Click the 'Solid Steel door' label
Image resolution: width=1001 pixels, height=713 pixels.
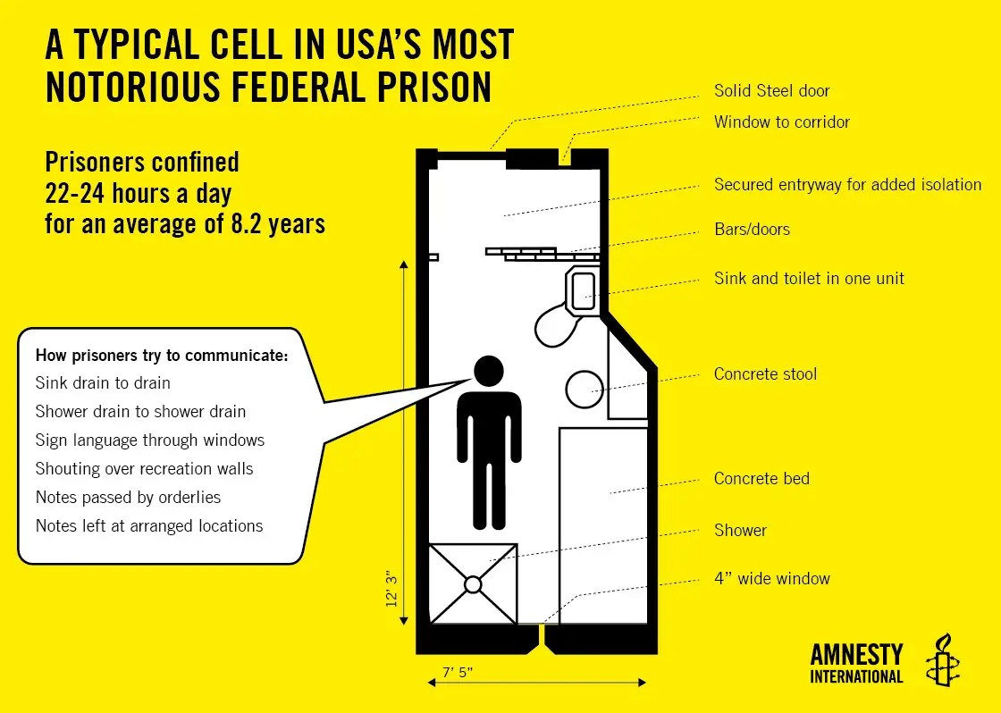[x=771, y=91]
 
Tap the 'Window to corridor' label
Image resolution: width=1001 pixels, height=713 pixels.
[x=781, y=122]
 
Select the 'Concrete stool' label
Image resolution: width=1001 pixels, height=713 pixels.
[x=765, y=374]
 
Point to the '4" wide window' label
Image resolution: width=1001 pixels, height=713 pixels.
[x=771, y=579]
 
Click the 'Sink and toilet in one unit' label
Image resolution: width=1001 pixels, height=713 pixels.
[x=809, y=279]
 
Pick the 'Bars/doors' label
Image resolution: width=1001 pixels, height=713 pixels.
[x=752, y=230]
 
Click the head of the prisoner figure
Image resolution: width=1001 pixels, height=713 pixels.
[x=488, y=371]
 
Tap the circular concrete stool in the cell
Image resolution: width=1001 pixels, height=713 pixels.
[x=585, y=388]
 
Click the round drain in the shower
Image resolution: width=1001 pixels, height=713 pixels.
[x=473, y=584]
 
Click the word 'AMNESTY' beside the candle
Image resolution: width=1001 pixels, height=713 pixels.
[x=856, y=655]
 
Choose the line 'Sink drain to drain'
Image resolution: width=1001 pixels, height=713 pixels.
[x=103, y=383]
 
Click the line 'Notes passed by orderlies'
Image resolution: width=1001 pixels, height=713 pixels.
[x=128, y=498]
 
